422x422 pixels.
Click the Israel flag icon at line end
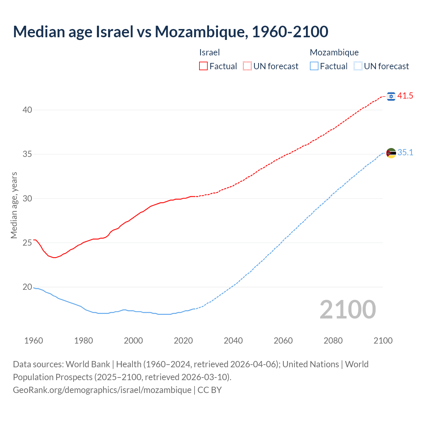[x=391, y=96]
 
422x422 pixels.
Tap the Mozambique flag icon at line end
[x=391, y=153]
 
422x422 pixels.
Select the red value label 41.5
[x=405, y=96]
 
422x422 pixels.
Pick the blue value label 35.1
[x=405, y=152]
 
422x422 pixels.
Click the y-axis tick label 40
[x=27, y=110]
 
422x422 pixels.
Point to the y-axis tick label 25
[x=27, y=243]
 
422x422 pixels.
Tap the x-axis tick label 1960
[x=34, y=341]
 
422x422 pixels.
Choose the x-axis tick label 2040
[x=233, y=341]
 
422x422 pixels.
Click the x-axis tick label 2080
[x=333, y=341]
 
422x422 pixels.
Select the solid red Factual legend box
[x=203, y=66]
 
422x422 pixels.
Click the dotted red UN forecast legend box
[x=247, y=66]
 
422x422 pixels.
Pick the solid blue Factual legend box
[x=314, y=66]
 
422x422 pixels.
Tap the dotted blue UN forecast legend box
[x=358, y=66]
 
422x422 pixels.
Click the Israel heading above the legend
[x=209, y=52]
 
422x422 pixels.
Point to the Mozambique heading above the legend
[x=334, y=52]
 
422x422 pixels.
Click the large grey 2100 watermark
[x=347, y=309]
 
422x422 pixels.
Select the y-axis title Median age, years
[x=14, y=205]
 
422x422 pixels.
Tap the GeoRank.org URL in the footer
[x=102, y=390]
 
